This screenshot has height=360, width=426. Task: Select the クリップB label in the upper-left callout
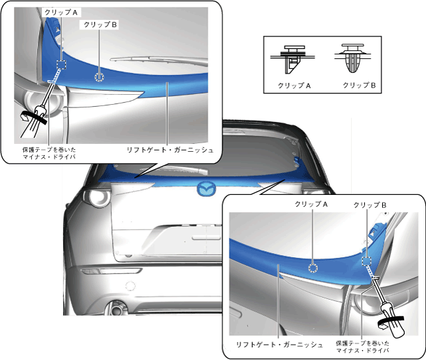tap(98, 25)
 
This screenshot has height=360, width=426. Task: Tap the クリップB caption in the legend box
tap(359, 86)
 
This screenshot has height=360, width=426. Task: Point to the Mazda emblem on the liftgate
tap(207, 189)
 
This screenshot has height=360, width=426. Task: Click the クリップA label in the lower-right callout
tap(313, 205)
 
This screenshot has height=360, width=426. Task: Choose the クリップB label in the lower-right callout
tap(370, 205)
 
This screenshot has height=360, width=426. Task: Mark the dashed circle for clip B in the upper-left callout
tap(100, 76)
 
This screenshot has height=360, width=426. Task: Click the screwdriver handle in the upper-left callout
tap(33, 119)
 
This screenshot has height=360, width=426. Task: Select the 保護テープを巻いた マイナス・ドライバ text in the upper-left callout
tap(49, 154)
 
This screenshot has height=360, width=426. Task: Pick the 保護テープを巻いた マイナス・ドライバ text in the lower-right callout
tap(362, 347)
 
